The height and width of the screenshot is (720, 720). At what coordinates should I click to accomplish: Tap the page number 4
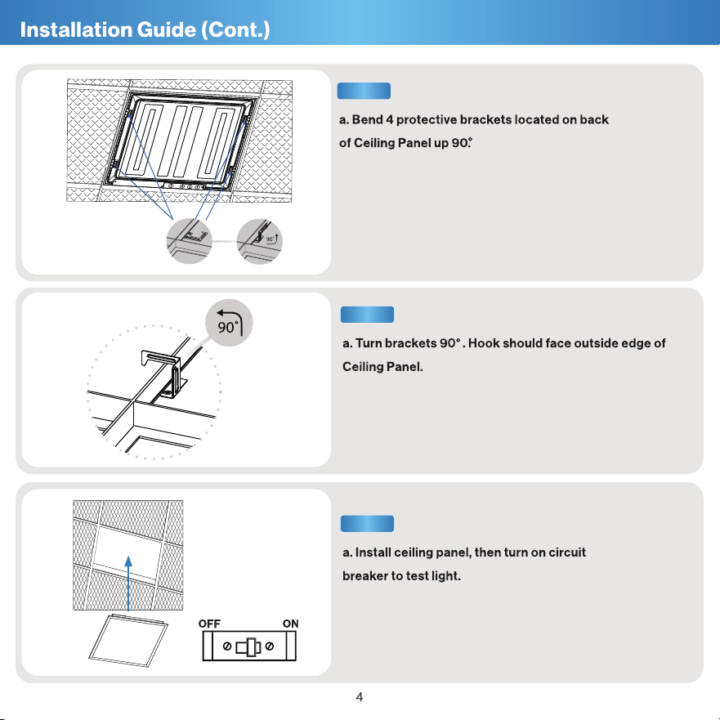point(360,697)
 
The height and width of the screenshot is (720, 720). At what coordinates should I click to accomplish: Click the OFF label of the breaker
point(209,624)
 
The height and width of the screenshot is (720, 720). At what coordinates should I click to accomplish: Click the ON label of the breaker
point(290,624)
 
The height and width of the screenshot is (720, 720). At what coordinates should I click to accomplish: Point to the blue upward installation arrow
point(128,584)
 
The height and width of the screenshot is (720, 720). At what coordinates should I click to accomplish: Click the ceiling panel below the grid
point(128,641)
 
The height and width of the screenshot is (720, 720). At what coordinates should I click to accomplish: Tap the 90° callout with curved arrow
point(229,323)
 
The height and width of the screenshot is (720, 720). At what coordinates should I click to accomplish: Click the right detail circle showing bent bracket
point(259,242)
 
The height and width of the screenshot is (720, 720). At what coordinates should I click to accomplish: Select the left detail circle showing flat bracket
point(189,242)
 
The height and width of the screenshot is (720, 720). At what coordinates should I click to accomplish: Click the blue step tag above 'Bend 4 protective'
point(364,91)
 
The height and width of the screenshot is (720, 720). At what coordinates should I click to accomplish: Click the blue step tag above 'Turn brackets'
point(367,315)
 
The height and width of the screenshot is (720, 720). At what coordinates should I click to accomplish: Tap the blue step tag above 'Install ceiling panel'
point(367,524)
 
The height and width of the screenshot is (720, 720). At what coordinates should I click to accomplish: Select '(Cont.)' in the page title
point(235,30)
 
